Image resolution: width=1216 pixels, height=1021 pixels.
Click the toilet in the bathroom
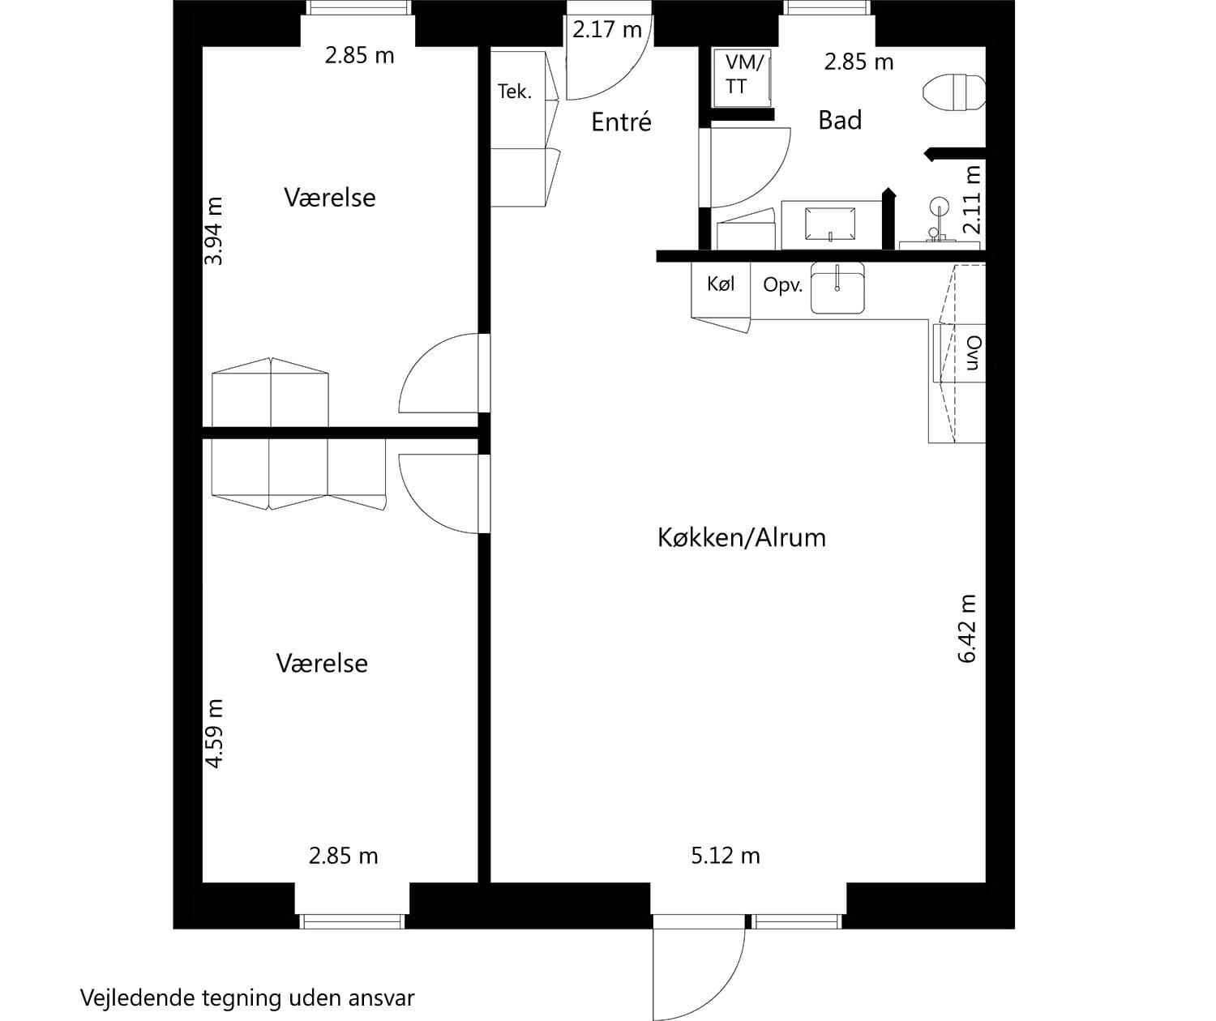click(955, 92)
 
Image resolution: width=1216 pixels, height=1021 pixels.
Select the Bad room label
click(840, 121)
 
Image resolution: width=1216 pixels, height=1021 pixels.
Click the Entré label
click(621, 122)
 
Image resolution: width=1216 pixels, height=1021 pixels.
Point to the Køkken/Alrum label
click(742, 538)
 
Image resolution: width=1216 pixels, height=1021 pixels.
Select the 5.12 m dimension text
click(726, 856)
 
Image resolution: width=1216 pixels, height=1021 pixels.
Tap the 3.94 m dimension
click(214, 231)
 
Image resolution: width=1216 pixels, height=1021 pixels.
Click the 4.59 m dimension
click(214, 734)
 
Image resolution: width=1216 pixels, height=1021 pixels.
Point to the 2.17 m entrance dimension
click(607, 30)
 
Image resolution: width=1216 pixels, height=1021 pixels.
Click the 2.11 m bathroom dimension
click(972, 200)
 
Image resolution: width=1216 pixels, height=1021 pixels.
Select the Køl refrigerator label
click(721, 284)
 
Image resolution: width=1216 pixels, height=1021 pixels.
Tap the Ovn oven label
click(973, 352)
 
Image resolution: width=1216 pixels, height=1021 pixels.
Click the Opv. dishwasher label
click(783, 284)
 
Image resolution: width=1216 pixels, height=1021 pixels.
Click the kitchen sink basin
click(837, 288)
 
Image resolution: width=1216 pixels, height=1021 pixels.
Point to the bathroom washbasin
click(830, 224)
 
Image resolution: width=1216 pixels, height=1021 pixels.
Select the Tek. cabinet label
click(515, 92)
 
